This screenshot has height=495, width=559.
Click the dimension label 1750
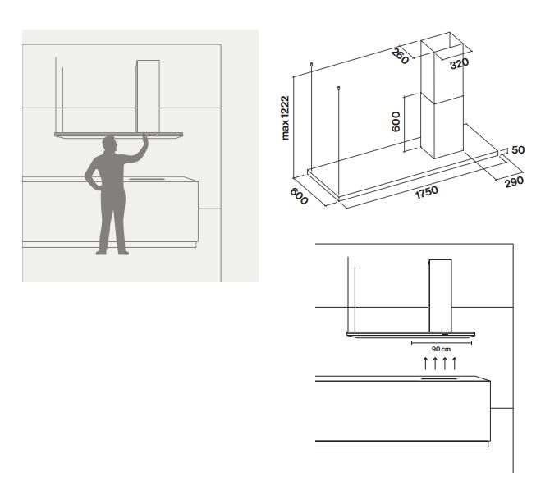(x=426, y=192)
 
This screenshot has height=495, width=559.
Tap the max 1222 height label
(x=285, y=117)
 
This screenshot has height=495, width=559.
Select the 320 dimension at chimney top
(x=460, y=64)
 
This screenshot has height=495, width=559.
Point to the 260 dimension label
(x=400, y=57)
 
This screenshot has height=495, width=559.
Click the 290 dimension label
(x=514, y=181)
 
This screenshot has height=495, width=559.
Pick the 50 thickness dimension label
(x=518, y=149)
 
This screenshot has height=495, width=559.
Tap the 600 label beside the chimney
(x=396, y=121)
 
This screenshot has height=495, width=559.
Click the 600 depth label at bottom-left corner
(x=299, y=196)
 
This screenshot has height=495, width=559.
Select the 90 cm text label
(x=441, y=349)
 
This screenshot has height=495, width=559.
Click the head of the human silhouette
(x=109, y=144)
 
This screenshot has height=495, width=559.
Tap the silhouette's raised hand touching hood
(x=144, y=137)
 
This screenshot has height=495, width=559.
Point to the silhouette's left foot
(x=101, y=253)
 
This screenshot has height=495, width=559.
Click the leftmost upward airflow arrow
(x=425, y=363)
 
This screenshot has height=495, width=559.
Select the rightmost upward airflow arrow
(x=454, y=363)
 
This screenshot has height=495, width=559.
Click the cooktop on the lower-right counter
(x=439, y=378)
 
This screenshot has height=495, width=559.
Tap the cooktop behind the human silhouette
(x=147, y=179)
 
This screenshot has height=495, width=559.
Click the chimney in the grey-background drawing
(x=148, y=96)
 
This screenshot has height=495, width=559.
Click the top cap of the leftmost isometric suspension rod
(x=312, y=65)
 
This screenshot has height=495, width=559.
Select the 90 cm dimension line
(x=442, y=343)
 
